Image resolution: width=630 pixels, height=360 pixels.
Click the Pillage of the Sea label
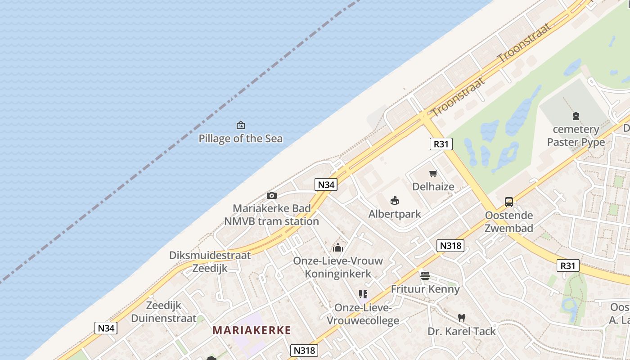tap(241, 139)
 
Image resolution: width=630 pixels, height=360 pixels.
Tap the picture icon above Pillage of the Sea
tap(241, 125)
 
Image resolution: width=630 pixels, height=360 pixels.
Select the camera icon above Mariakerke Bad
tap(272, 195)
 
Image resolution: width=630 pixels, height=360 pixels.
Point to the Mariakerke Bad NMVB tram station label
tap(272, 215)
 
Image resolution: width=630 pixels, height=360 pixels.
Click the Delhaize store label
tap(433, 186)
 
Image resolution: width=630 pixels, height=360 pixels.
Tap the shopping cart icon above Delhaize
tap(433, 173)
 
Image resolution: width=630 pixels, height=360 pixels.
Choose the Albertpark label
tap(395, 214)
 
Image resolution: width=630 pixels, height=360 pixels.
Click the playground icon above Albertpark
tap(395, 201)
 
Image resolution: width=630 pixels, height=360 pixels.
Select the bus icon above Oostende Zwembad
tap(509, 202)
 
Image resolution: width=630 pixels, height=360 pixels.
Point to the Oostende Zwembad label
tap(509, 222)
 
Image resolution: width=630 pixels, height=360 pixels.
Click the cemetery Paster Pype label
tap(576, 136)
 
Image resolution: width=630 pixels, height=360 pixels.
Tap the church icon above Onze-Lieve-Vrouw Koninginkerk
tap(338, 247)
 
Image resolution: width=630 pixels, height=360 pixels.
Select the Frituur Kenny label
tap(425, 289)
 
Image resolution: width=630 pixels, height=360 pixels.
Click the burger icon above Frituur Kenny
tap(425, 276)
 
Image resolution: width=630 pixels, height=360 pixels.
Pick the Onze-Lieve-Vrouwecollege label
tap(363, 314)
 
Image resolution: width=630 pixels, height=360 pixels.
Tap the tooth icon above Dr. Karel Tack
tap(461, 318)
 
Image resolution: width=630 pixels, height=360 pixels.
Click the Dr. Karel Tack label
tap(461, 331)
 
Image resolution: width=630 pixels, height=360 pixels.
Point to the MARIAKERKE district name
tap(252, 330)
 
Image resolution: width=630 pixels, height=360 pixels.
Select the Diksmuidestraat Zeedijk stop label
tap(210, 262)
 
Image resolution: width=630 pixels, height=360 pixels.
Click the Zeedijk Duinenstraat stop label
tap(164, 312)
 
